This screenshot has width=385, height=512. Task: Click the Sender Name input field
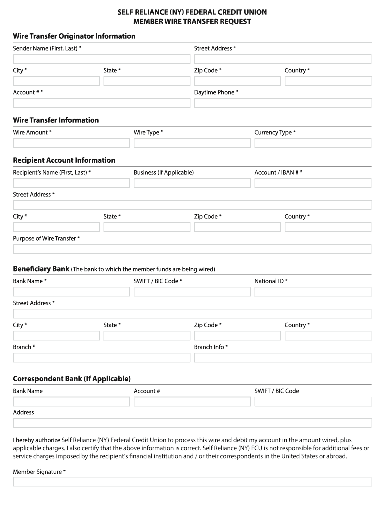(x=101, y=59)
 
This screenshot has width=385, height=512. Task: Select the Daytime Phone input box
(x=282, y=103)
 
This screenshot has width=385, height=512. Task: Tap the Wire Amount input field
(x=71, y=143)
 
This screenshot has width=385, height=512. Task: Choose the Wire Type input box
(x=192, y=143)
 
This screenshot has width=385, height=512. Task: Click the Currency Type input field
(x=313, y=143)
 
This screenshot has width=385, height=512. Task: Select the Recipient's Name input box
(x=71, y=183)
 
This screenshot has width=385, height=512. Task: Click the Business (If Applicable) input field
(x=192, y=183)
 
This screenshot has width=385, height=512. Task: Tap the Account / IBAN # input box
(x=313, y=183)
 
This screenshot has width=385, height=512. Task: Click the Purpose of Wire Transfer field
(x=192, y=249)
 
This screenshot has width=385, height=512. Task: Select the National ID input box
(x=313, y=291)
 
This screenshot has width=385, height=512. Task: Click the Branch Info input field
(x=282, y=357)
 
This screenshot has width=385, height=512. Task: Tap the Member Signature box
(x=192, y=482)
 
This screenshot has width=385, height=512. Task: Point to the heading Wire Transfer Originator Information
(x=74, y=36)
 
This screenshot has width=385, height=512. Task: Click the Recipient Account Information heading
(x=64, y=160)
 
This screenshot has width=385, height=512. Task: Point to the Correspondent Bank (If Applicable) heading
(x=72, y=378)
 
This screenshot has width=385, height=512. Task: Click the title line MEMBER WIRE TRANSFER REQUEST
(x=192, y=21)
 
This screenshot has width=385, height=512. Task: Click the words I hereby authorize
(x=36, y=440)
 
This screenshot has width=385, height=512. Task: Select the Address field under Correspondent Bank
(x=192, y=423)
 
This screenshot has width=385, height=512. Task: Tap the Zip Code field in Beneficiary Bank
(x=237, y=335)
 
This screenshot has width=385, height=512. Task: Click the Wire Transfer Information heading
(x=56, y=120)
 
